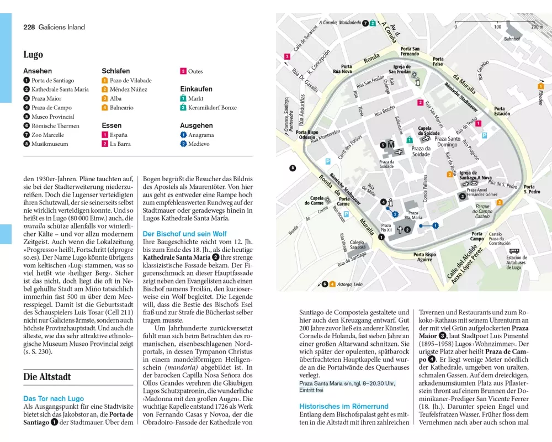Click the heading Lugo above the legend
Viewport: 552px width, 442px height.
click(33, 55)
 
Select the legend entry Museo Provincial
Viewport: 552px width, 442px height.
click(52, 117)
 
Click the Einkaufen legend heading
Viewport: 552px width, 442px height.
click(196, 89)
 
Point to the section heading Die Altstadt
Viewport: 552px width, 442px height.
click(47, 377)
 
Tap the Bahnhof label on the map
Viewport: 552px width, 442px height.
click(512, 39)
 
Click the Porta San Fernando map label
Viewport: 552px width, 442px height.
click(410, 51)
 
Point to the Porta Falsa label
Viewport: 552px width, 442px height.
click(438, 62)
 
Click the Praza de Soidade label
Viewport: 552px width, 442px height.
click(421, 151)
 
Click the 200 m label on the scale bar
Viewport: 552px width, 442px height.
click(536, 27)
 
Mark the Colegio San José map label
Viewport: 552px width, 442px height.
click(357, 244)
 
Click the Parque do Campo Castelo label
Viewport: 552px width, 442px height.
click(482, 211)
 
